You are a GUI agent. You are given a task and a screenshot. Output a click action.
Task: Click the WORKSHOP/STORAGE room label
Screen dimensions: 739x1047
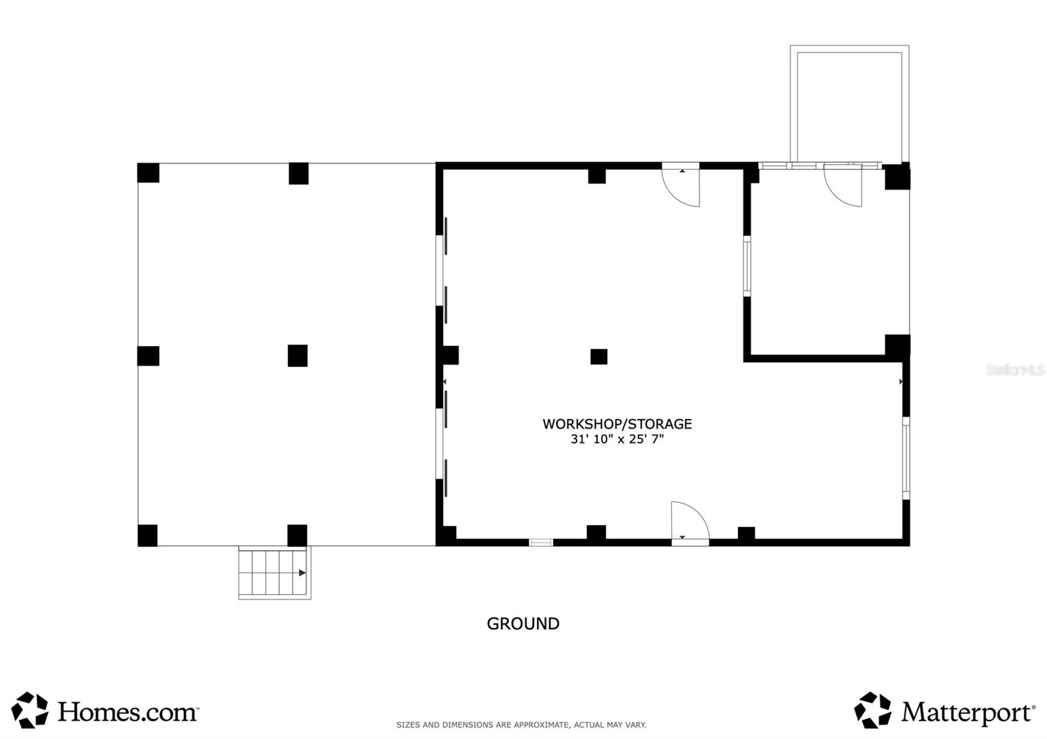click(x=617, y=424)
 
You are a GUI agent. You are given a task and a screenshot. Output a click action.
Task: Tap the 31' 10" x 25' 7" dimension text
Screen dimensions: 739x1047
click(x=617, y=439)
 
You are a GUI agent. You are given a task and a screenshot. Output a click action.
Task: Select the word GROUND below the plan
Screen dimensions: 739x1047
click(x=523, y=624)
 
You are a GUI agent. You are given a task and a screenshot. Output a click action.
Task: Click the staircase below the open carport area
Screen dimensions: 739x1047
click(x=274, y=572)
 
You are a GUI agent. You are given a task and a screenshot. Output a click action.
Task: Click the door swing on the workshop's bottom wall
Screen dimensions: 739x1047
click(x=688, y=521)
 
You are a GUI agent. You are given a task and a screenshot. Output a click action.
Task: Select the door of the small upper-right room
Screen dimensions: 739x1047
click(x=844, y=186)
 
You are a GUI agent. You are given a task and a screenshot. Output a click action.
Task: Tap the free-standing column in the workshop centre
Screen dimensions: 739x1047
click(x=599, y=356)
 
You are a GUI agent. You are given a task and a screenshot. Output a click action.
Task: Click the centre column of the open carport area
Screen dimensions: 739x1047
click(x=298, y=356)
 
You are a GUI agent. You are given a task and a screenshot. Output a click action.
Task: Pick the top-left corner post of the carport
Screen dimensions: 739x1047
click(x=148, y=173)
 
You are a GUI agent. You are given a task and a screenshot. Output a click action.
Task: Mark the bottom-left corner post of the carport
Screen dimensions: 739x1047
click(x=147, y=535)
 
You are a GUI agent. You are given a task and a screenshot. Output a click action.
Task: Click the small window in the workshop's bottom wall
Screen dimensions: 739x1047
click(x=541, y=542)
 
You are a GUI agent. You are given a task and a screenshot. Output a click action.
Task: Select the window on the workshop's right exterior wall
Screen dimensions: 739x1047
click(x=906, y=458)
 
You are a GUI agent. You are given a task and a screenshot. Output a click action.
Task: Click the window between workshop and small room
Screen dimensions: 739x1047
click(x=747, y=266)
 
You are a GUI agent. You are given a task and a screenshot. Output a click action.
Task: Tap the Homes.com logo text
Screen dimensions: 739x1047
click(x=128, y=712)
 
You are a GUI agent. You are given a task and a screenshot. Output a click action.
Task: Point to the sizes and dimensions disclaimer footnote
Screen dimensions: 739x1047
click(x=522, y=725)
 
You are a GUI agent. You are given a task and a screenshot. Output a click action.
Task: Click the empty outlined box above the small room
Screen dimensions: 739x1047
click(x=849, y=105)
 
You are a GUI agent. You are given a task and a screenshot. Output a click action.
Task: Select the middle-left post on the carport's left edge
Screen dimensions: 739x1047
click(x=148, y=356)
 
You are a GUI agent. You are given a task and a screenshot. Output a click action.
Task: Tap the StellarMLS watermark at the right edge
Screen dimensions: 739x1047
click(x=1016, y=370)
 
